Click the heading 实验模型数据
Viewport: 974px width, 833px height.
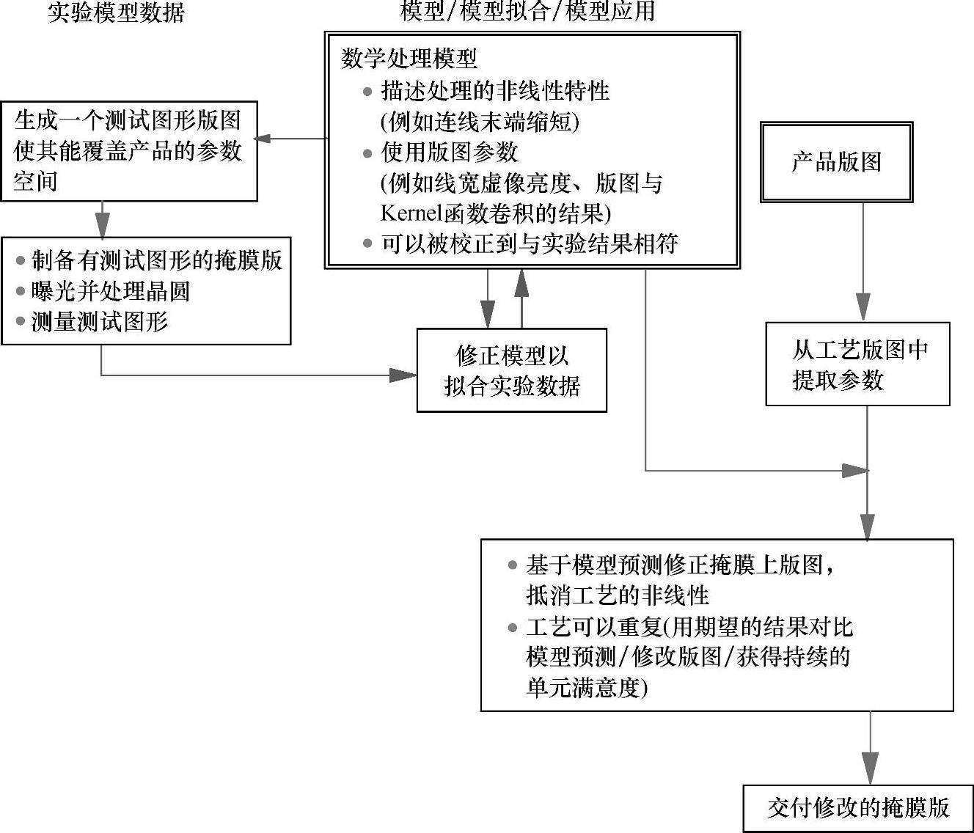coord(116,12)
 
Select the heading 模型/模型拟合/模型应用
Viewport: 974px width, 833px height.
coord(527,11)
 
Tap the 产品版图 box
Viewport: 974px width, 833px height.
coord(836,162)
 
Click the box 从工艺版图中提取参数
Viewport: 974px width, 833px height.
coord(857,364)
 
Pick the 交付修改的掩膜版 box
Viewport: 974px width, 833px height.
coord(858,808)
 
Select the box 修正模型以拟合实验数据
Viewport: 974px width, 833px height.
coord(511,370)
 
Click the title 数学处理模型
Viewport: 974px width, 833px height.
coord(409,59)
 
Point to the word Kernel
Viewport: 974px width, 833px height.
coord(411,213)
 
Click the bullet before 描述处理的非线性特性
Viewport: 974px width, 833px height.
coord(367,92)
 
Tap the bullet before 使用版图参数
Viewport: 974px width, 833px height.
coord(367,153)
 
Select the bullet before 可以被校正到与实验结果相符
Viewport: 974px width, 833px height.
coord(367,243)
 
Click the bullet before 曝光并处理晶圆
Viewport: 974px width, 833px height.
coord(21,291)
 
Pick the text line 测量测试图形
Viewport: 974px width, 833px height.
coord(100,321)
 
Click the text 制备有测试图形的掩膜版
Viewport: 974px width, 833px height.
coord(157,260)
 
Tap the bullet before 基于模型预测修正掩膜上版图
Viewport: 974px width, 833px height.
coord(512,565)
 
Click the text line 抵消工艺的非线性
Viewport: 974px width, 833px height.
coord(618,595)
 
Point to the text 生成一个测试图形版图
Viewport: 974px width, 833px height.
coord(128,120)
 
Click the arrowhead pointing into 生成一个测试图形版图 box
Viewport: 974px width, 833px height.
coord(263,138)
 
